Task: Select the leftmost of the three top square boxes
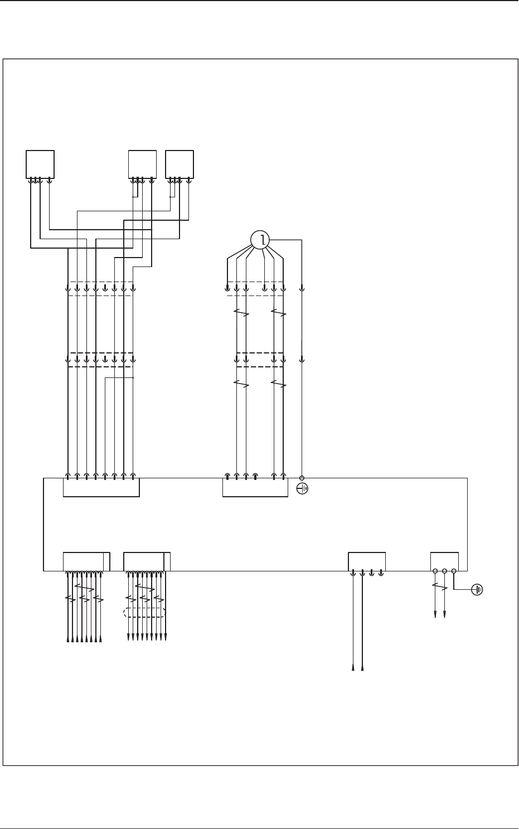[40, 164]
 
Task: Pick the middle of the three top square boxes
[142, 164]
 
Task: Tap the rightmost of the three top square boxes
[180, 164]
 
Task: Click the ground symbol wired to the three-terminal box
[478, 589]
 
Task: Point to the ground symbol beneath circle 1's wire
[302, 489]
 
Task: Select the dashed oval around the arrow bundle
[144, 613]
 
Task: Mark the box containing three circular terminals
[444, 561]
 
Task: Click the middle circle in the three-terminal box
[444, 571]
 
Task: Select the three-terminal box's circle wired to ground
[454, 571]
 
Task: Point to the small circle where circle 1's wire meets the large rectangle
[302, 478]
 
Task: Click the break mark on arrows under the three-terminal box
[440, 586]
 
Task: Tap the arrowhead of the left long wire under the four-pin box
[353, 667]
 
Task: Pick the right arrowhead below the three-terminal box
[444, 615]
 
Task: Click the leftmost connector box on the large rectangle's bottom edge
[86, 561]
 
